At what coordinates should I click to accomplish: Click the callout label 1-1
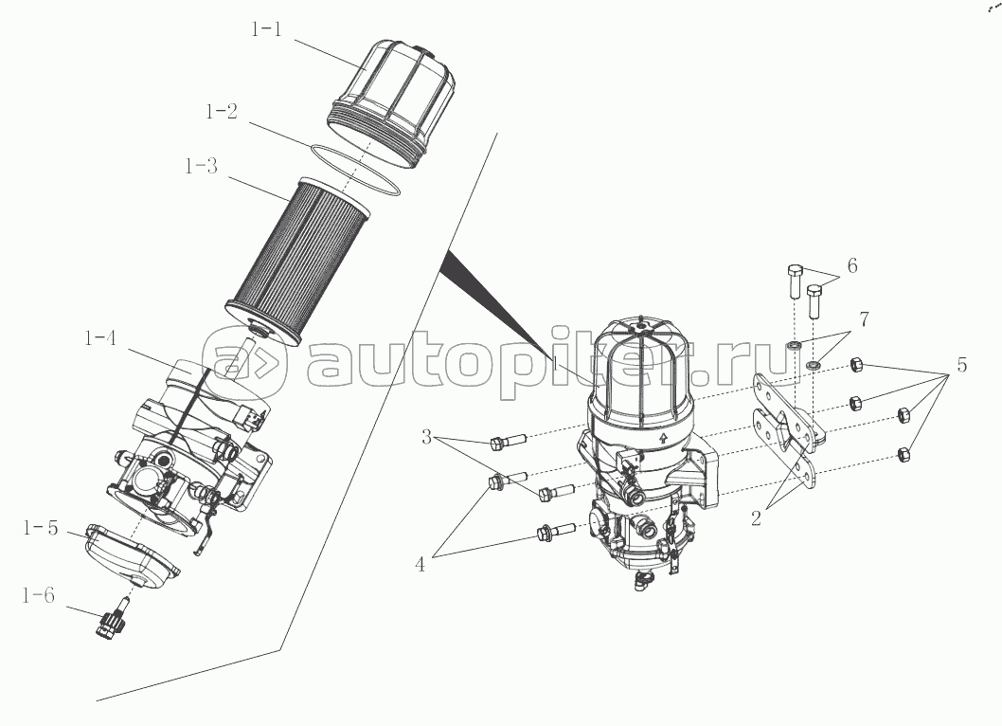point(266,29)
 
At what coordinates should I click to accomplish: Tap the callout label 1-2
point(222,111)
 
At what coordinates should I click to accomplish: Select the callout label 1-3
point(202,166)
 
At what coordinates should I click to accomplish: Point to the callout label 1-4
point(100,337)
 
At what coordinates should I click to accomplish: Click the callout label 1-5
point(41,528)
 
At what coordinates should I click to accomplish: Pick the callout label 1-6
point(38,595)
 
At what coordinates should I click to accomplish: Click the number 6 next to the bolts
point(852,265)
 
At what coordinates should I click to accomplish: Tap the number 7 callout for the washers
point(864,318)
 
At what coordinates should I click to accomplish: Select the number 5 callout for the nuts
point(961,365)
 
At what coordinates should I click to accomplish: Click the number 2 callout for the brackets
point(756,518)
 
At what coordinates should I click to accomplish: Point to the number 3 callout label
point(427,438)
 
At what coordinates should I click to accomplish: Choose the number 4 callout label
point(420,564)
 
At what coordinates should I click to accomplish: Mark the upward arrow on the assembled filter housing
point(663,438)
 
